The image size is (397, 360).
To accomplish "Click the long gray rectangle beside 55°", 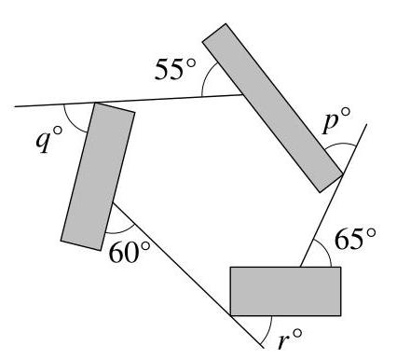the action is pyautogui.click(x=272, y=105).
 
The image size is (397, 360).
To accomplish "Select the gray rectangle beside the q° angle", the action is pyautogui.click(x=98, y=176).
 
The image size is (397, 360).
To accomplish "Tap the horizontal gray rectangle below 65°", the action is pyautogui.click(x=285, y=290).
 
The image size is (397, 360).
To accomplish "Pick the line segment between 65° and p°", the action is pyautogui.click(x=322, y=220).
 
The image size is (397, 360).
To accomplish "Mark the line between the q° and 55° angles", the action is pyautogui.click(x=168, y=99).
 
